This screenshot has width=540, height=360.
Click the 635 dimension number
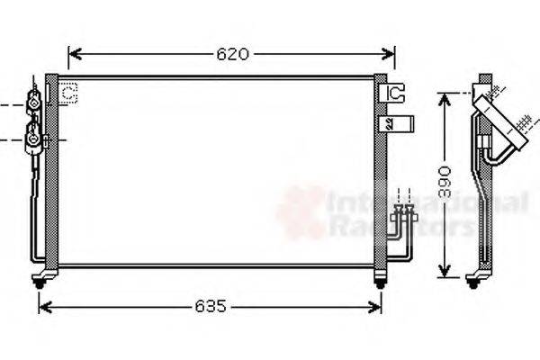pos(211,307)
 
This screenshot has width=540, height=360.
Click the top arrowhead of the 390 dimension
pos(444,96)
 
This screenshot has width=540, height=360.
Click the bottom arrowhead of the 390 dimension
pos(444,272)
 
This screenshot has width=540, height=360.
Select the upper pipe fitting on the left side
pos(34,103)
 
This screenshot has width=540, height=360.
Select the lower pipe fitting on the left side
pos(33,139)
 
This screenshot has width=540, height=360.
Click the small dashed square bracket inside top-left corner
pos(69,91)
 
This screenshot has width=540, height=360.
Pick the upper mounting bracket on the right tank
pos(394,92)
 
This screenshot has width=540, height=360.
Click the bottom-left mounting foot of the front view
pos(40,281)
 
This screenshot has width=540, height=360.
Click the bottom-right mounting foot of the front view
pos(381,283)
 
